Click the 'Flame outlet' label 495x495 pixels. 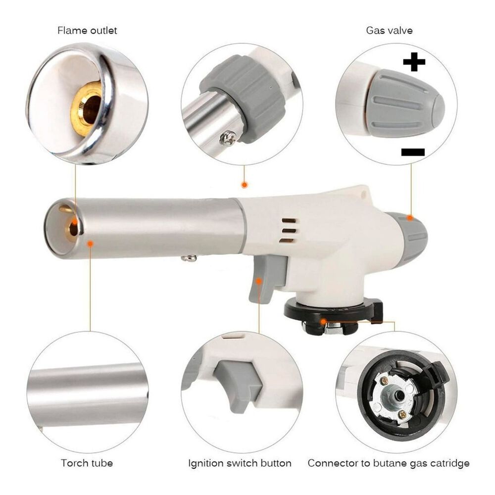[87, 31]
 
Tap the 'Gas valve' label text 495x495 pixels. [389, 31]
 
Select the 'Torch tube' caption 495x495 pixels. [87, 463]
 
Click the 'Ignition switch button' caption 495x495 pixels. [240, 463]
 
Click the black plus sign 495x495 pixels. [414, 62]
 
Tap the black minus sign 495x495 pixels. [413, 152]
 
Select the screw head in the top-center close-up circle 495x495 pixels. [228, 139]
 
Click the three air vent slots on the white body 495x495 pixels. [289, 231]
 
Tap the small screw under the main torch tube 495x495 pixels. [189, 258]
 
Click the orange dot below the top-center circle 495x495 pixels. [245, 185]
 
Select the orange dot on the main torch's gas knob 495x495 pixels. [410, 217]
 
